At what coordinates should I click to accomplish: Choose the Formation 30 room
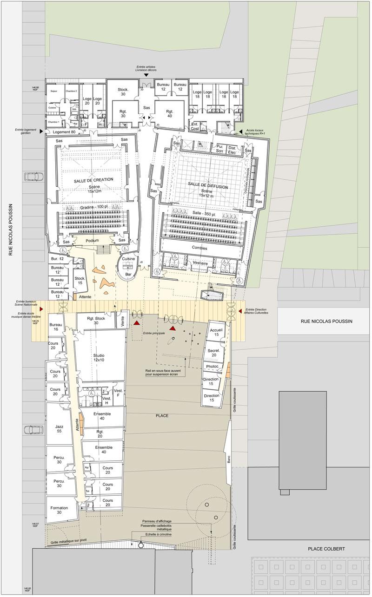click(59, 510)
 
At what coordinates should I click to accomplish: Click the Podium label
click(93, 241)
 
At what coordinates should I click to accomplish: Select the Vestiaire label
click(200, 263)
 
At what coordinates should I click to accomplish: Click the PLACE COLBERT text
click(326, 549)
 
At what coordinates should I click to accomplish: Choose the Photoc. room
click(213, 367)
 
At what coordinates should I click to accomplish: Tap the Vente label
click(123, 320)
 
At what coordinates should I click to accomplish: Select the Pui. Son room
click(219, 148)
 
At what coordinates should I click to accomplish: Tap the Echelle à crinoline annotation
click(159, 535)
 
